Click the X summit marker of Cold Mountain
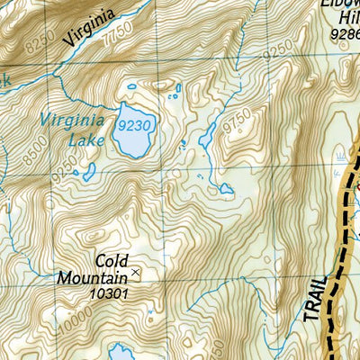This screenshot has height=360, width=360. coord(136,271)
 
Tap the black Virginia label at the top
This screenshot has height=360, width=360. coord(90,29)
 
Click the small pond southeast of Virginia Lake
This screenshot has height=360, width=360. coord(224,190)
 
